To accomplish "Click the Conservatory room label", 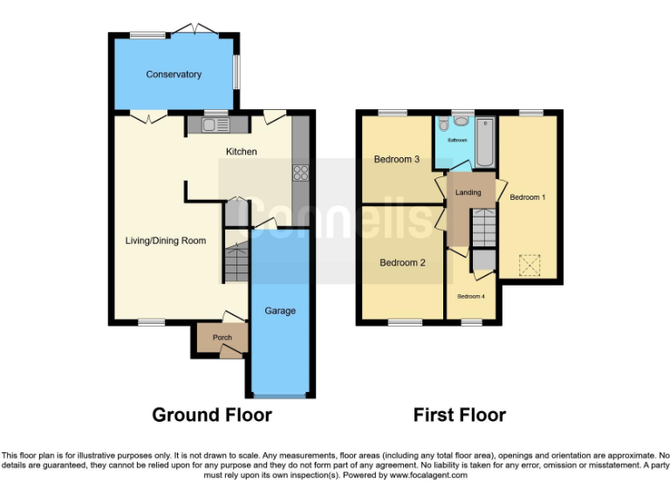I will tap(174, 74).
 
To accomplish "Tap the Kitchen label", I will tap(242, 152).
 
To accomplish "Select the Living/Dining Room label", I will tap(167, 240).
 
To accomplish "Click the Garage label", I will tap(280, 311).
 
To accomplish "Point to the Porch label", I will tap(210, 336).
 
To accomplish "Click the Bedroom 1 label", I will tap(527, 197).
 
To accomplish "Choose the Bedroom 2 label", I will tap(402, 262).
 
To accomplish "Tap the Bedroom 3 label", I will tap(397, 160).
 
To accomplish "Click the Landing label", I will tap(468, 192).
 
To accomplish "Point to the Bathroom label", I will tap(458, 140).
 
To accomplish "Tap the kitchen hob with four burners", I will tap(302, 172).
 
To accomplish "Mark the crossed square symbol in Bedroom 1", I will tap(530, 264).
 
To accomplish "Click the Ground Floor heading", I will tap(212, 415).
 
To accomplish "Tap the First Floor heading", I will tap(459, 415).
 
